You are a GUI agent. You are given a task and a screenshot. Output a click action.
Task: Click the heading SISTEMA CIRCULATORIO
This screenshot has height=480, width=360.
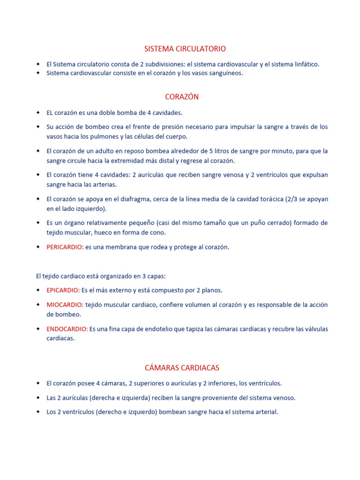185,49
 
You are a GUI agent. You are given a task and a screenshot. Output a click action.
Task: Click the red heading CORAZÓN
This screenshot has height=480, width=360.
182,97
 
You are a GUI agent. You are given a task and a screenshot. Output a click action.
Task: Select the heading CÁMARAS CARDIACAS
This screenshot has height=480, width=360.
182,367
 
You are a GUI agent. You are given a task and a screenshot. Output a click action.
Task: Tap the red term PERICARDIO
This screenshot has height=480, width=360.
65,247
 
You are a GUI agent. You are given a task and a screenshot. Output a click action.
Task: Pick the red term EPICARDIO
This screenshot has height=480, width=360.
63,290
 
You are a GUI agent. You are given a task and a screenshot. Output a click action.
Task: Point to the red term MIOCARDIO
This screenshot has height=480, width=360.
65,305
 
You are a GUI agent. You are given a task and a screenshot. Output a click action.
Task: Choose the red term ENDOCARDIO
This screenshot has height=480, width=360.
67,329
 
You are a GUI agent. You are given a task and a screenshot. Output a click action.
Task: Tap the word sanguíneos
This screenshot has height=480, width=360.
227,73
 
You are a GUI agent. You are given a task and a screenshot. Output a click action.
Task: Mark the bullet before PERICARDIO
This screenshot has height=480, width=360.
38,247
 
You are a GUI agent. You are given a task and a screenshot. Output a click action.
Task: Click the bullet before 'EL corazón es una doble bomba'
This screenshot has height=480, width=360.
38,112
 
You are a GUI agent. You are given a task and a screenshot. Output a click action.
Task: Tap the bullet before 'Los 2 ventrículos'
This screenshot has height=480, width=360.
38,412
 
